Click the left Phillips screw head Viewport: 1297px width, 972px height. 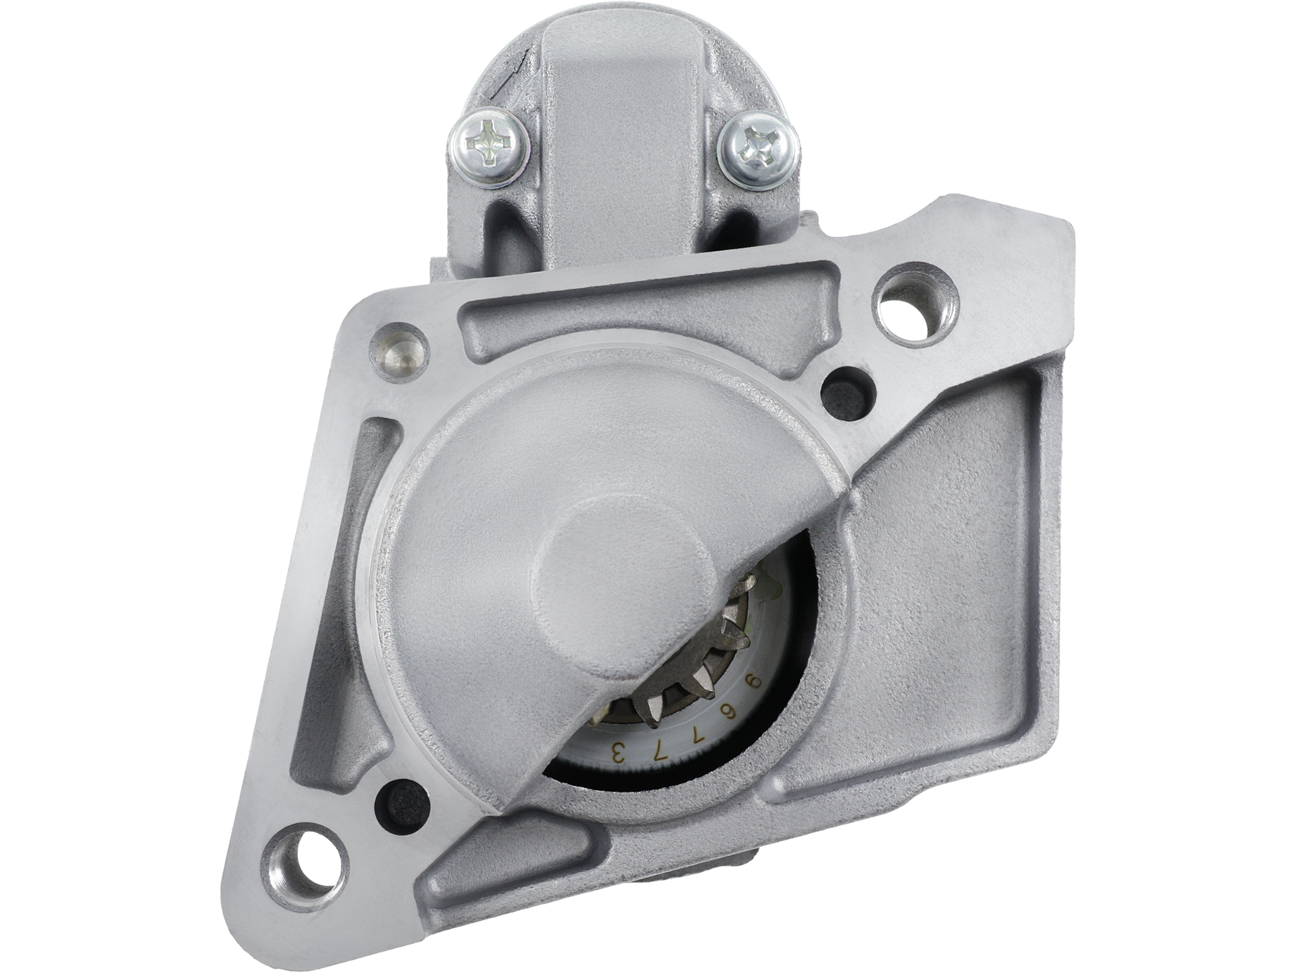(x=488, y=146)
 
